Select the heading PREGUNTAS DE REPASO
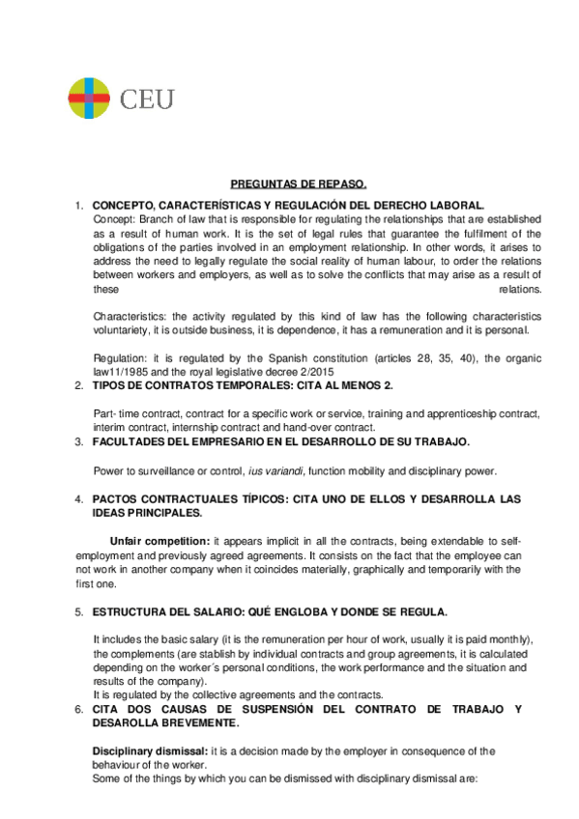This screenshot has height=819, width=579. [299, 184]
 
